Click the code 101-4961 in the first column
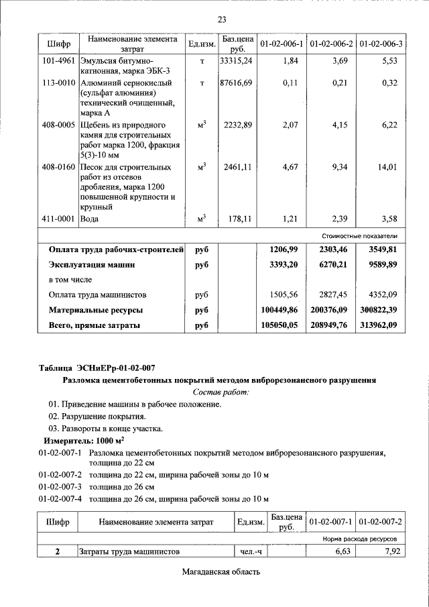(x=58, y=60)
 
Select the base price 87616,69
(x=236, y=82)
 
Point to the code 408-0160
(x=58, y=167)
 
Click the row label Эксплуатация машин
(x=92, y=265)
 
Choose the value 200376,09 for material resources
(x=329, y=310)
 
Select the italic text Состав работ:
(x=221, y=392)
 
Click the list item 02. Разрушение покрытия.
(x=97, y=417)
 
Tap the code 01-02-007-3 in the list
(x=60, y=486)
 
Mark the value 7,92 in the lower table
(x=388, y=551)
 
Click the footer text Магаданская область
(x=220, y=572)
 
